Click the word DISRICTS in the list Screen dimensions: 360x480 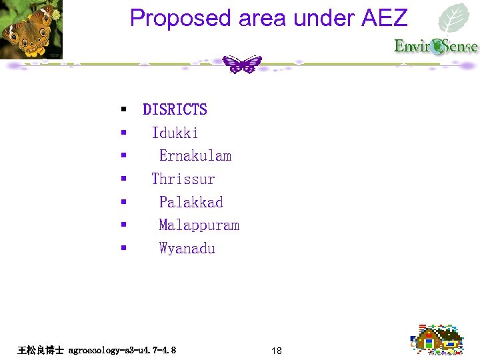pos(175,109)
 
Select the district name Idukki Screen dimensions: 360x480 pos(175,133)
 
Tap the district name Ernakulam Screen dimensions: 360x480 pos(195,156)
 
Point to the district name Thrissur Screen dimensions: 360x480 pos(183,179)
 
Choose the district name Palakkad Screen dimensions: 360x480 pos(191,202)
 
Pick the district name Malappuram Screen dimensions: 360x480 pos(199,225)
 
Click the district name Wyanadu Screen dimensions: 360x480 pos(187,249)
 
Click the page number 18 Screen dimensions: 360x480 pos(277,350)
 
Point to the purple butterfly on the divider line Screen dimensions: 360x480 pos(241,64)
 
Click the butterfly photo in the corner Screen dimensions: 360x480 pos(31,29)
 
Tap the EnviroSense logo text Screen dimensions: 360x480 pos(435,46)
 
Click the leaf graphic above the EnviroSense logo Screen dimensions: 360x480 pos(456,19)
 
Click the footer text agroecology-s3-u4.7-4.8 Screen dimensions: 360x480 pos(122,349)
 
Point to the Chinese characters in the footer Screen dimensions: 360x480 pos(41,349)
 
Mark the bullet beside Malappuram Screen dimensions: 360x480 pos(123,225)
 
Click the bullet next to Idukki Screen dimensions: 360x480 pos(123,133)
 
